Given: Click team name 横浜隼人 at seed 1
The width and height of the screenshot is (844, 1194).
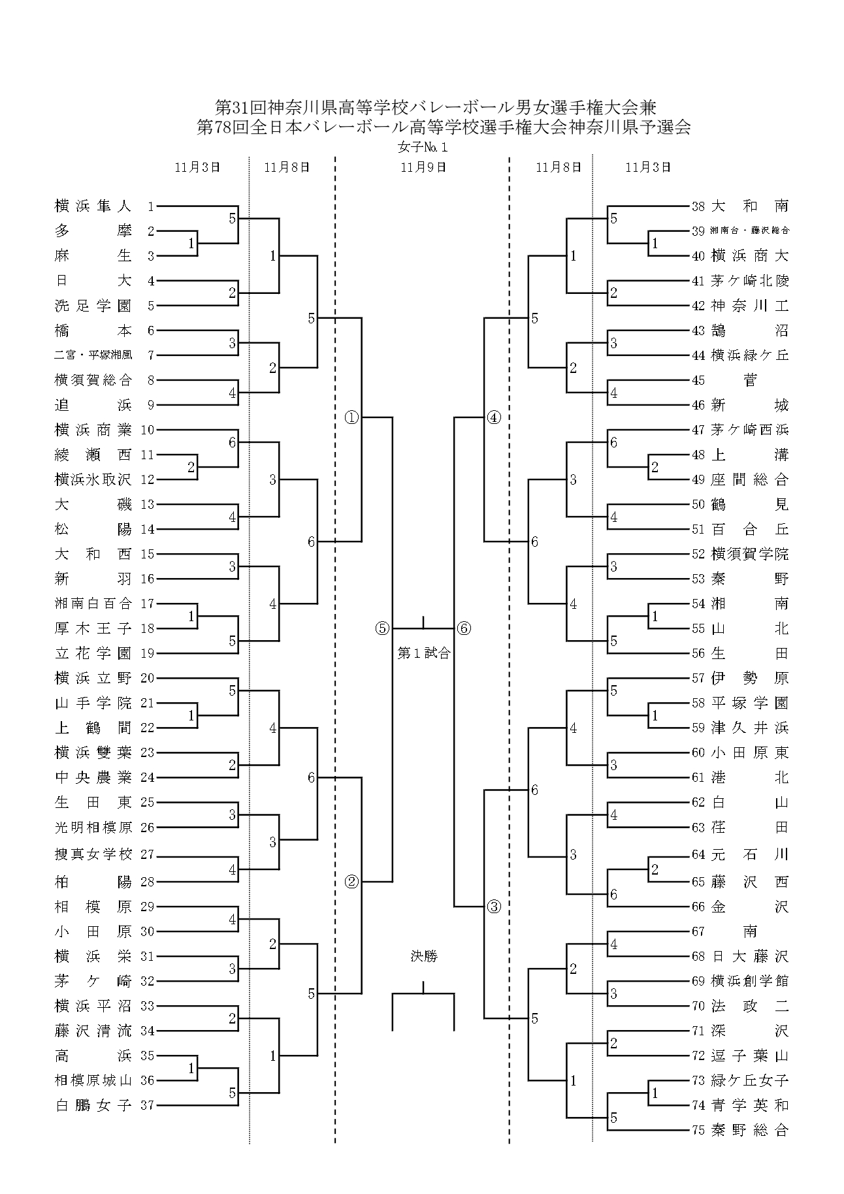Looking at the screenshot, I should (93, 206).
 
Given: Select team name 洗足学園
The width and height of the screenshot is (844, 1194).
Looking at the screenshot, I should (93, 306).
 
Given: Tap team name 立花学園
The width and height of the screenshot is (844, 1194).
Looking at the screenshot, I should (93, 653).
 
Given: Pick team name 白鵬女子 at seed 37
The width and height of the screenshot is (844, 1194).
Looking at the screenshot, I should (93, 1105).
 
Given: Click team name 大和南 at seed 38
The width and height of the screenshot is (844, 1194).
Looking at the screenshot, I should (749, 206).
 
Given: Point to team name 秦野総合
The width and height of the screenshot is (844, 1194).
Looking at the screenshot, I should (749, 1130).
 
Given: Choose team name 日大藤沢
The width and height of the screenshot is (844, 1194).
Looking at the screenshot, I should (749, 956).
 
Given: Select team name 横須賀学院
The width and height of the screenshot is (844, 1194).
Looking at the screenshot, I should (749, 554).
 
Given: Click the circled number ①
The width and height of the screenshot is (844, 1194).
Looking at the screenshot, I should (351, 417).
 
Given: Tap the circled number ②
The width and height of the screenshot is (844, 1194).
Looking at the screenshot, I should (351, 882).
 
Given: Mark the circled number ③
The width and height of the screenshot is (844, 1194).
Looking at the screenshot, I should (494, 907).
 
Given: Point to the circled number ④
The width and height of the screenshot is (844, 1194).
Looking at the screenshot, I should (494, 417).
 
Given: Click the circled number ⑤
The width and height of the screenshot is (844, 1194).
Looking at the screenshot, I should (382, 628).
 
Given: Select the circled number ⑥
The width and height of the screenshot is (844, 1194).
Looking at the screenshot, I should (464, 628).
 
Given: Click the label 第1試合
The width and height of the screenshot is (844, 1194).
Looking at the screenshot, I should (424, 653).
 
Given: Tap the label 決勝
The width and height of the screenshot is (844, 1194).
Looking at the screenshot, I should (424, 956).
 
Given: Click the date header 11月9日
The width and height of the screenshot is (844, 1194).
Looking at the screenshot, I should (423, 167).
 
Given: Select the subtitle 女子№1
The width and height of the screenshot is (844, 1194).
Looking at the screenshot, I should (423, 148).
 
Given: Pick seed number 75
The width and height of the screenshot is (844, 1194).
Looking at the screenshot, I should (698, 1130).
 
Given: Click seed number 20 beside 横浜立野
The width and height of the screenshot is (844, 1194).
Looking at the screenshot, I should (147, 678).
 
